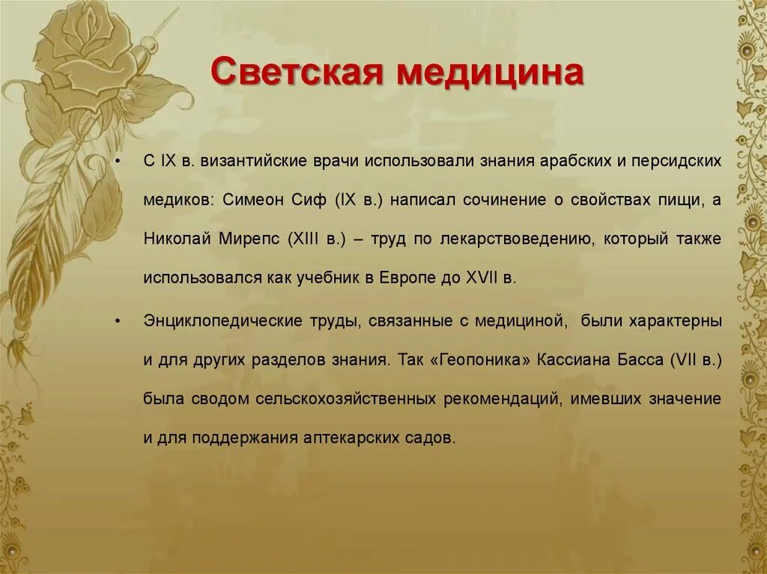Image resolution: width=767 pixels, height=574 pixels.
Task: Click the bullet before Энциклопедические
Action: click(x=119, y=321)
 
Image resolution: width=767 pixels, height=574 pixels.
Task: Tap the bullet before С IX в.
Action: click(x=119, y=162)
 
